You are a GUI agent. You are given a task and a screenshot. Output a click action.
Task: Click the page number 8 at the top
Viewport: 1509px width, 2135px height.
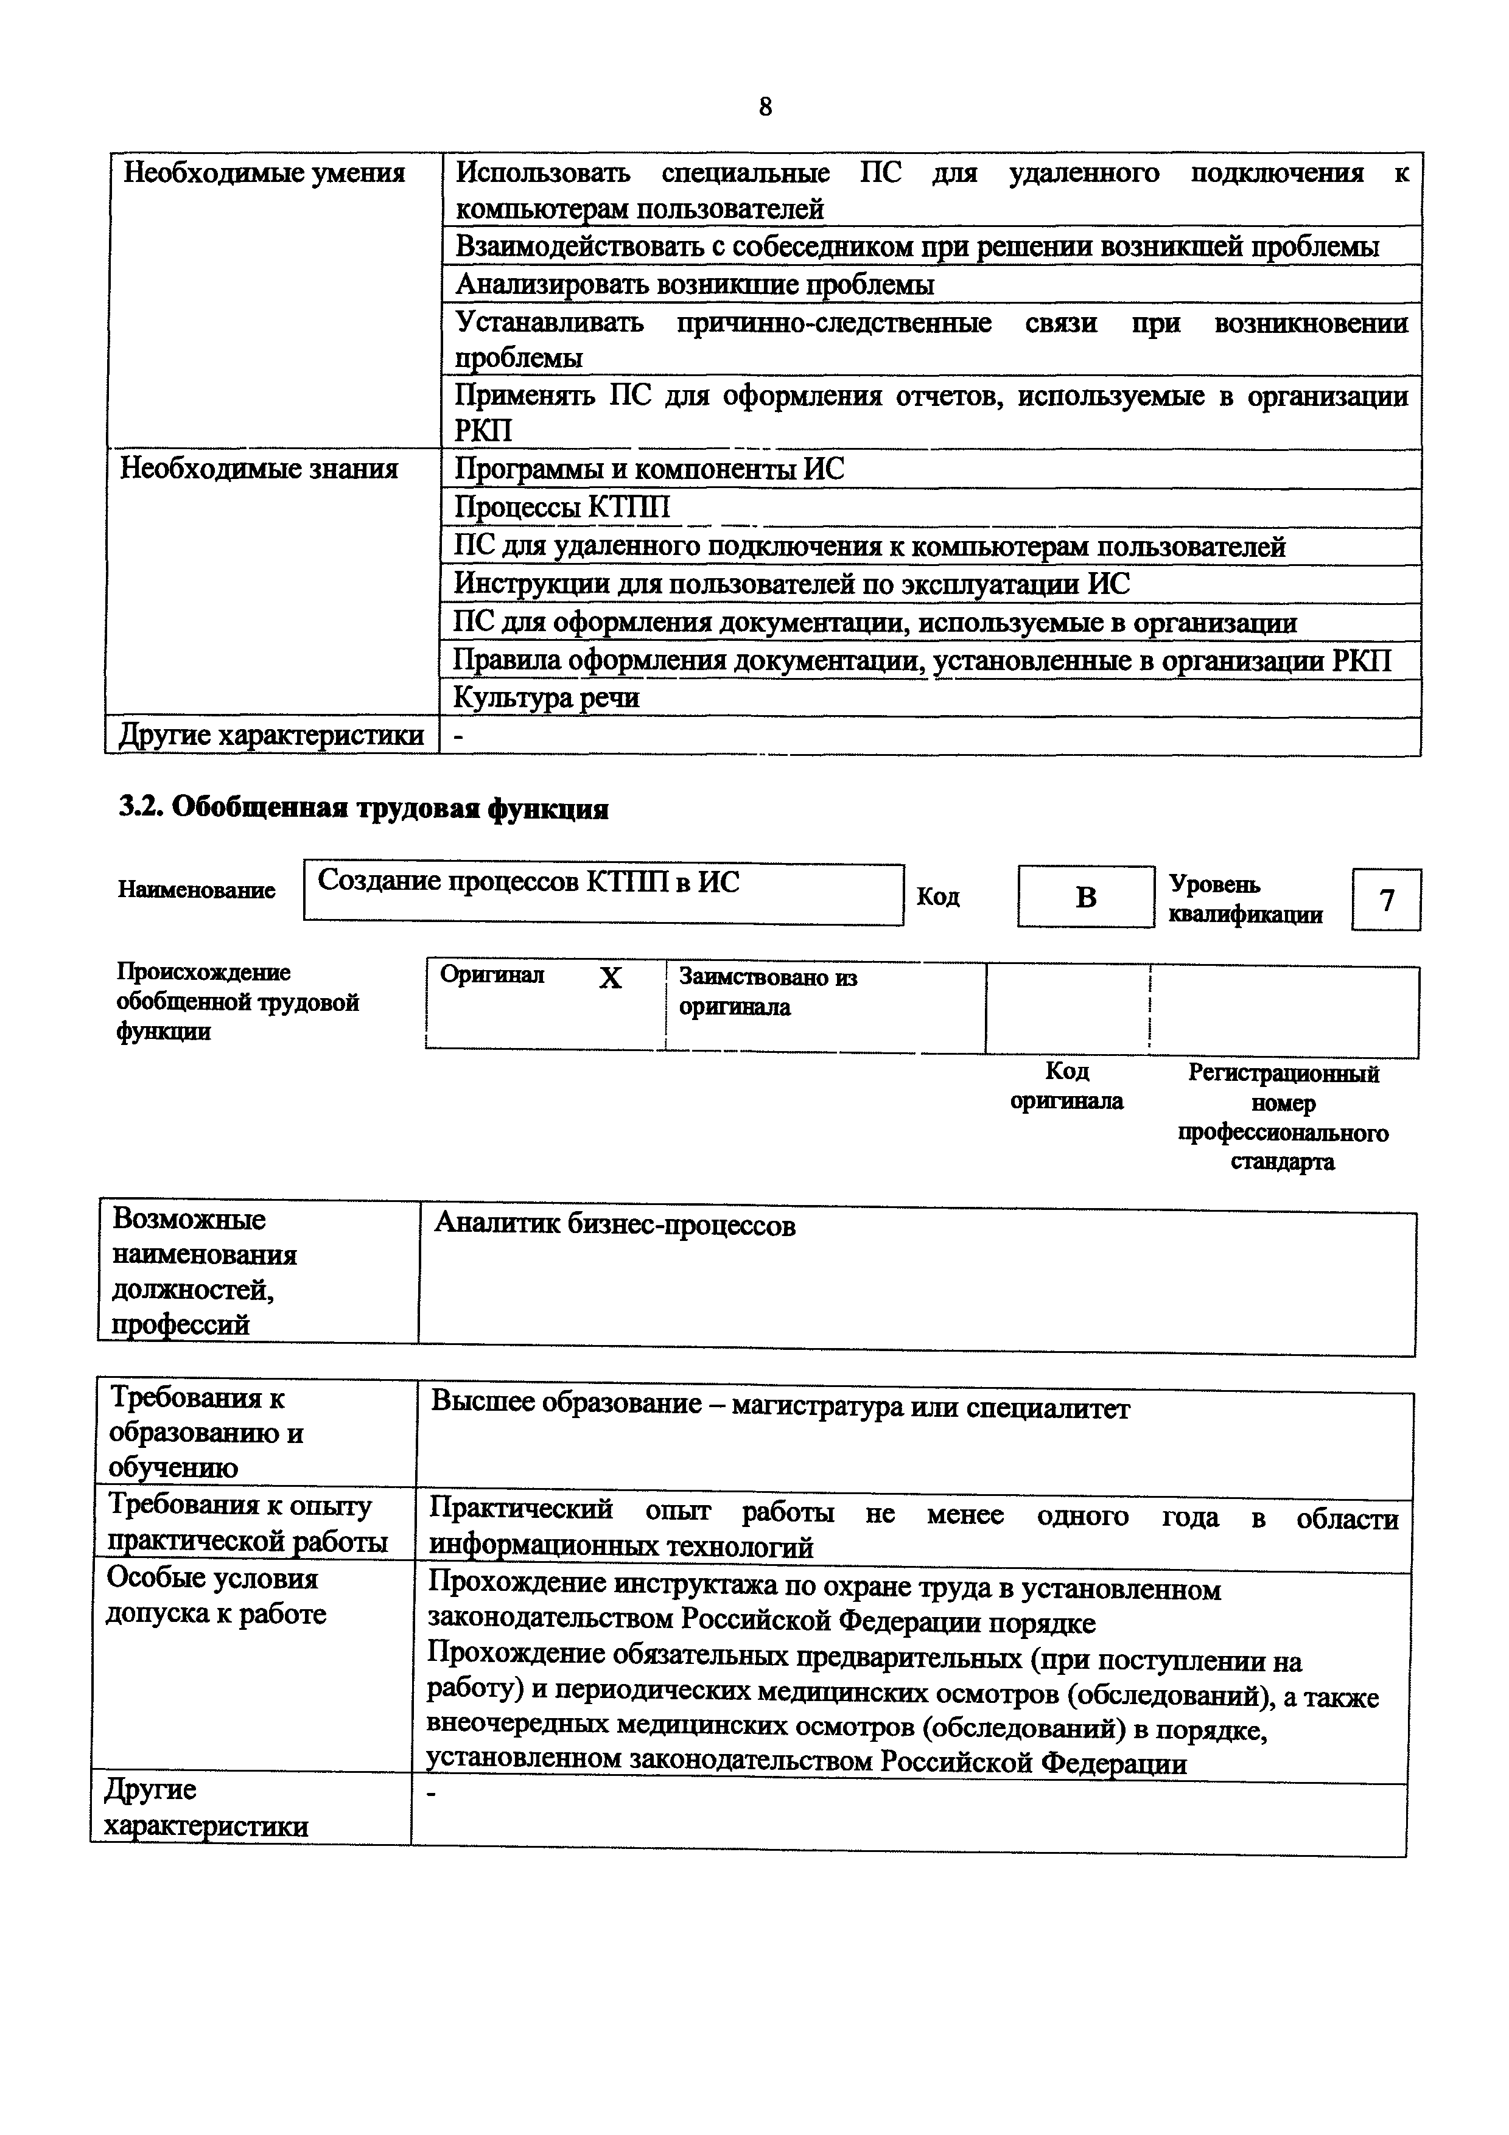point(765,107)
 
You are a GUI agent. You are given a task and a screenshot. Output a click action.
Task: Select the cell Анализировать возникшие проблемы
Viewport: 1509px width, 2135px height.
point(695,285)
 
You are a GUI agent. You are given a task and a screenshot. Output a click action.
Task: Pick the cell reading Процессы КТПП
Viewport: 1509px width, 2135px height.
point(562,508)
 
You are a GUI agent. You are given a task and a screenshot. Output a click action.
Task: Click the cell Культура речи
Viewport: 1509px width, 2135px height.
point(547,697)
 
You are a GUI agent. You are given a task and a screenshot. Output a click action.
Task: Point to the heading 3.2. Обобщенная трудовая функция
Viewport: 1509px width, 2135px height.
point(363,808)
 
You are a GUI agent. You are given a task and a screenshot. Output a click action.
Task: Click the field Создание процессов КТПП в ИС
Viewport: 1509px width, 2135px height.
point(528,881)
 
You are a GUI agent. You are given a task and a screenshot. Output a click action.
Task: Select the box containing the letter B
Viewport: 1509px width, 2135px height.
point(1085,897)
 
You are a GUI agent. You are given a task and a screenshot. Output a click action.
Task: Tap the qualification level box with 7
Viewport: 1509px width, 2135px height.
point(1386,900)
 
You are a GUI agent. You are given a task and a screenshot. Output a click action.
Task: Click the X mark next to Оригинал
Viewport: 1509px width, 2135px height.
point(610,978)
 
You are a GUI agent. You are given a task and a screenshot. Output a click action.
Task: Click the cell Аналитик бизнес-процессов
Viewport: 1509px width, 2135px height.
point(615,1226)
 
